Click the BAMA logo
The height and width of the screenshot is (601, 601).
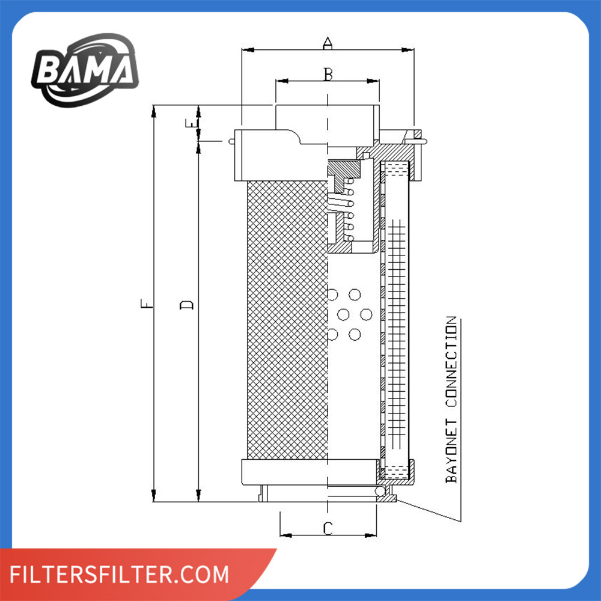85,70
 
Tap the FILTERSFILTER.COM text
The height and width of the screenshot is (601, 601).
119,574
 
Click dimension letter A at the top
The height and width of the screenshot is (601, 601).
327,43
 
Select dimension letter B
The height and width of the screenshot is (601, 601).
328,74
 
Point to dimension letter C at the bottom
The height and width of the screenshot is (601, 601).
328,528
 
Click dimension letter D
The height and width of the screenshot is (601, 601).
187,305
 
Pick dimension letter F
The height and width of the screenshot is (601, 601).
147,304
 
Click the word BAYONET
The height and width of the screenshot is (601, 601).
451,451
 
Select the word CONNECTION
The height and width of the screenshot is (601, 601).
451,361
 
